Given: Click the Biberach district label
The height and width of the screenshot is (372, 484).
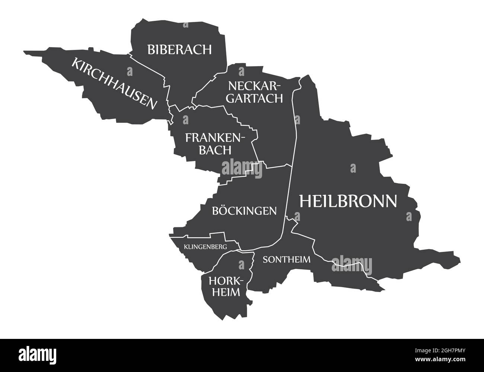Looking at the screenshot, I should point(179,49).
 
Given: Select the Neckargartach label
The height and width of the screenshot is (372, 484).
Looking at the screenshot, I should point(255,92).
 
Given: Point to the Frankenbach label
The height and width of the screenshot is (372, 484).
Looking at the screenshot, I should point(216,144).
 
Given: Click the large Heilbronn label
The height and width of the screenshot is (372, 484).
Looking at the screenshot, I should point(348,201).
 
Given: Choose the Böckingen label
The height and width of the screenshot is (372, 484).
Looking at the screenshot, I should point(244,211).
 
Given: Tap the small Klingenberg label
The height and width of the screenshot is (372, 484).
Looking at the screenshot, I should point(205,246).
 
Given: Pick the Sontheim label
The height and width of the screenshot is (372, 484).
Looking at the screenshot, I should point(286,259).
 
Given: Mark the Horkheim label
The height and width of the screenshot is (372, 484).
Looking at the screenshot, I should point(224,286).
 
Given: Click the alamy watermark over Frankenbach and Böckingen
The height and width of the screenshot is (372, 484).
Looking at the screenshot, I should point(242,168).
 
